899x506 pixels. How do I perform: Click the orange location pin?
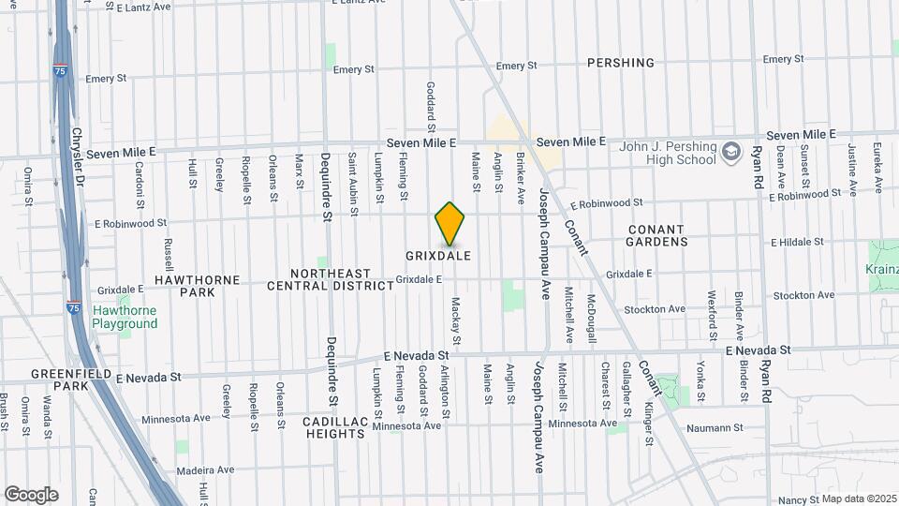[450, 223]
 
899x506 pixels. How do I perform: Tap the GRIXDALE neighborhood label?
[437, 256]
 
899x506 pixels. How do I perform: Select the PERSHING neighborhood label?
[620, 63]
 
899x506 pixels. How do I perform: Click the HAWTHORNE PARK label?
[184, 286]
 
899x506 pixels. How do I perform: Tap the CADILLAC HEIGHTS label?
[334, 427]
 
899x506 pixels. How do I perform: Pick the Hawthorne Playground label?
[125, 318]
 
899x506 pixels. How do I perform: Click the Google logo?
[31, 495]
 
